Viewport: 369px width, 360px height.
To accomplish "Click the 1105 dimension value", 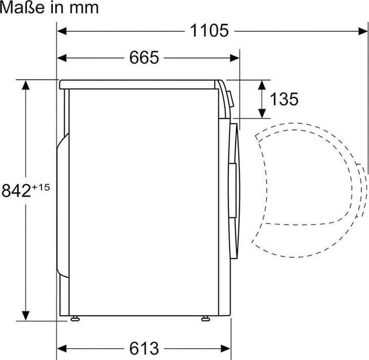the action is [x=209, y=31].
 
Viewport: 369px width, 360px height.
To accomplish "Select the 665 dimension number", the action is [x=144, y=57].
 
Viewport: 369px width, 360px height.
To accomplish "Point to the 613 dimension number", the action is [x=144, y=348].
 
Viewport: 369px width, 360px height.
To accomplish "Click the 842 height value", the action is [x=16, y=191].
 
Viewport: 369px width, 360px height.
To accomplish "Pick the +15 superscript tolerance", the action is [x=40, y=187].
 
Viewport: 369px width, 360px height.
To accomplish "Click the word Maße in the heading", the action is [x=23, y=7].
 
